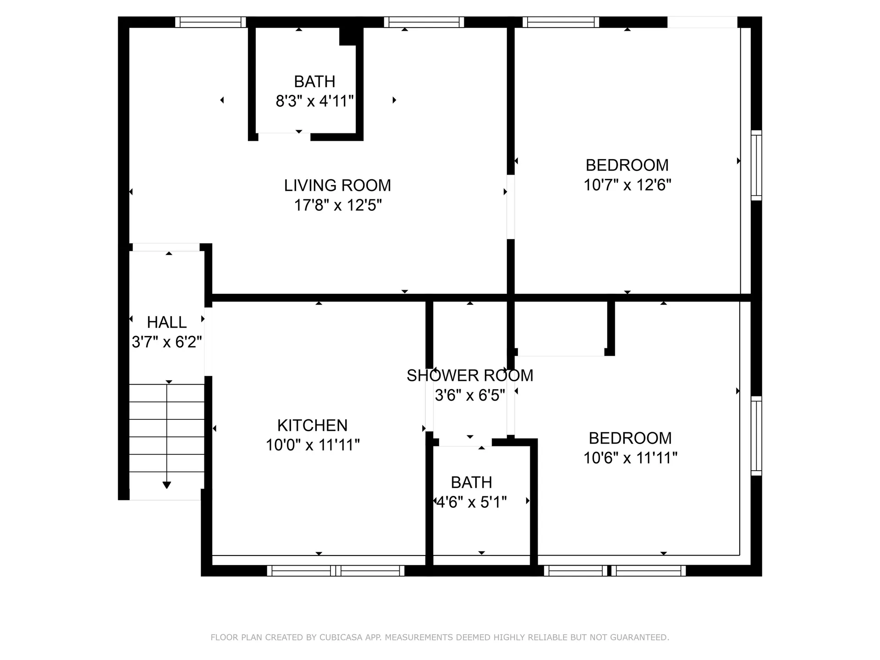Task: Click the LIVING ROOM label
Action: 337,186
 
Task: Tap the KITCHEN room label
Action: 312,425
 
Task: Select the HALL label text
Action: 166,322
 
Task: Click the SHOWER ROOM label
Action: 470,375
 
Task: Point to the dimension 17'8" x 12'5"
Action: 338,205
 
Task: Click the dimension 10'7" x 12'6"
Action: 627,185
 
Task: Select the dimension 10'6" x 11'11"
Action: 630,457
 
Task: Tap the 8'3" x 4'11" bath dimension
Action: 314,101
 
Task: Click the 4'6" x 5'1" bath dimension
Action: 471,502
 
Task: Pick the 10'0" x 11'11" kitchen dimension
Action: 313,445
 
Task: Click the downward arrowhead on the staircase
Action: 167,485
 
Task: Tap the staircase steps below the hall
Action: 167,435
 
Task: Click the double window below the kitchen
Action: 335,571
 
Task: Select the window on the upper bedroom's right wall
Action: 756,165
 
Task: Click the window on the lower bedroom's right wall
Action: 756,436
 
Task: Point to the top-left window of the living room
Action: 210,22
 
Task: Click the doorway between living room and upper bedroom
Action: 511,207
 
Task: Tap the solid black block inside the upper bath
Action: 347,37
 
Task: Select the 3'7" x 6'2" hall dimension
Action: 166,342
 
